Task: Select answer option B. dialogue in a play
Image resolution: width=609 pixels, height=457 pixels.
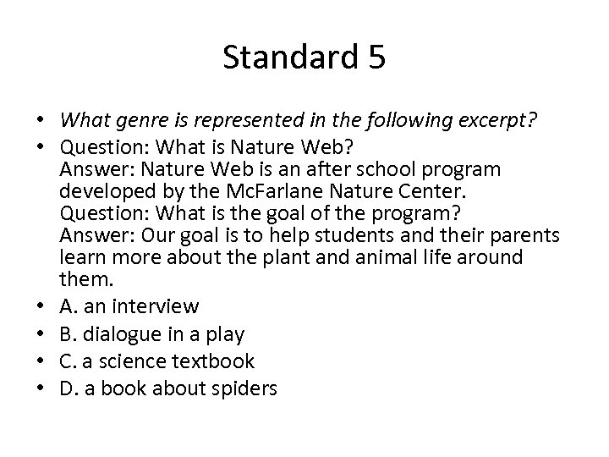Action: pyautogui.click(x=152, y=333)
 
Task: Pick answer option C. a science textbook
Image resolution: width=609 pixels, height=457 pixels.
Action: pyautogui.click(x=157, y=361)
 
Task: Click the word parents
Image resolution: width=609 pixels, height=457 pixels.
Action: pyautogui.click(x=518, y=234)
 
